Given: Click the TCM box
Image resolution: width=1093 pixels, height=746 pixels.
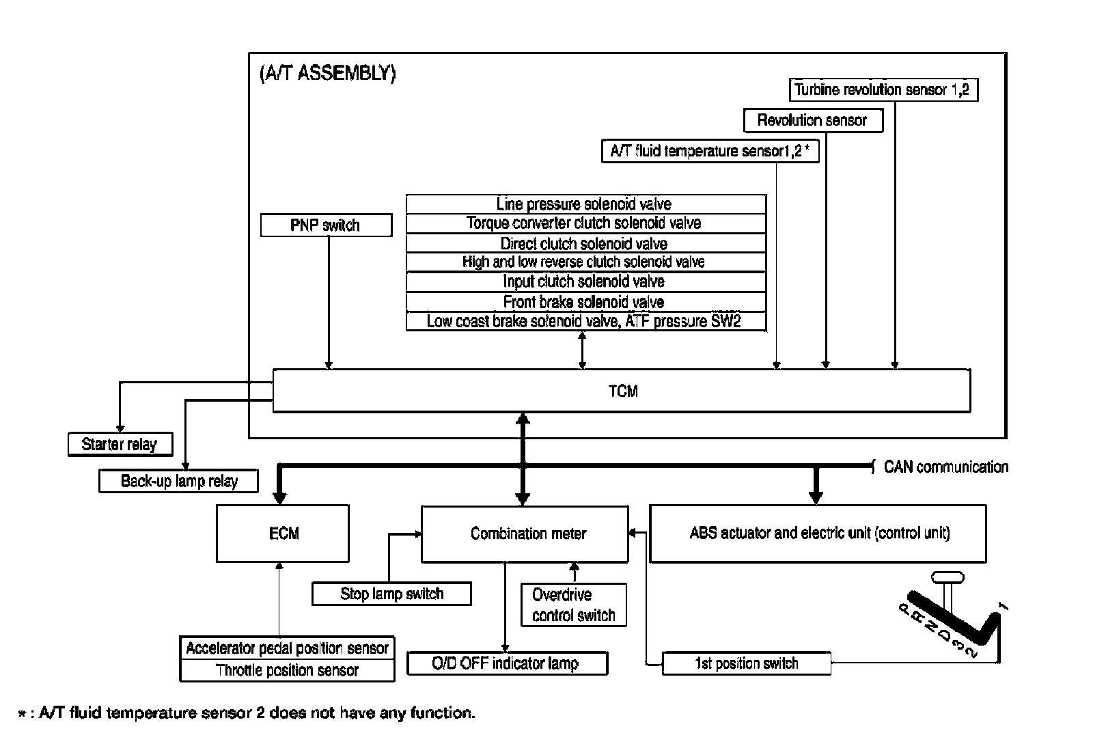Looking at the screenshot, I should pos(622,391).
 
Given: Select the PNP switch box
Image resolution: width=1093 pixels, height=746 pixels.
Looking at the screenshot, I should pos(326,225).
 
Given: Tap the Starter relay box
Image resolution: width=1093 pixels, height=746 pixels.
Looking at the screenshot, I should pos(120,444).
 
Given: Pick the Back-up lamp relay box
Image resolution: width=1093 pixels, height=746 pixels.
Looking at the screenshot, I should pos(179,481).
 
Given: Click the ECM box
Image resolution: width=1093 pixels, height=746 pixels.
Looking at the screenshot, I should pos(283,534).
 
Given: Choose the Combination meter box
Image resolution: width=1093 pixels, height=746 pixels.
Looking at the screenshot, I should pos(525,534).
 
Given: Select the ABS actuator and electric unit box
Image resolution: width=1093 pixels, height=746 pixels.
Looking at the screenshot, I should pos(818,534).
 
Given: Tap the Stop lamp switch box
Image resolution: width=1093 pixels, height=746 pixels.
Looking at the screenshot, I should pos(391,594).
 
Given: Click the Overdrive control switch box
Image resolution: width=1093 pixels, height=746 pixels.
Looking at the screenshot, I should pos(573,605).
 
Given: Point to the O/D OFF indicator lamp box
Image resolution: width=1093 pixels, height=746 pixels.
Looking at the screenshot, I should pos(507,663).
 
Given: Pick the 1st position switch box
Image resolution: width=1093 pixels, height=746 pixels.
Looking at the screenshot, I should pos(746,663).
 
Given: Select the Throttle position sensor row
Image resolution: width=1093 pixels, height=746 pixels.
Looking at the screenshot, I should pos(287,670).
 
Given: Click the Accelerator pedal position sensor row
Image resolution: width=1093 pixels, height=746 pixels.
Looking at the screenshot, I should pos(287,648).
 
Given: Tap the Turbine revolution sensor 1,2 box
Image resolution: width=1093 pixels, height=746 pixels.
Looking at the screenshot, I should pos(883,89).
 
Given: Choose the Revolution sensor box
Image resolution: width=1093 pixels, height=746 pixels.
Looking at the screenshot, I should pos(812,121).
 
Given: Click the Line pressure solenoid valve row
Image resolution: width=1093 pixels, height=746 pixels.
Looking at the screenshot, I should pos(585,204).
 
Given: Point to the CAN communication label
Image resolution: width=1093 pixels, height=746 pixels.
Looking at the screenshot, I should pos(945,467).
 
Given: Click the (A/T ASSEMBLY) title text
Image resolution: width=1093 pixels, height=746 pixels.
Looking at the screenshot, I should pos(327,74).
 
